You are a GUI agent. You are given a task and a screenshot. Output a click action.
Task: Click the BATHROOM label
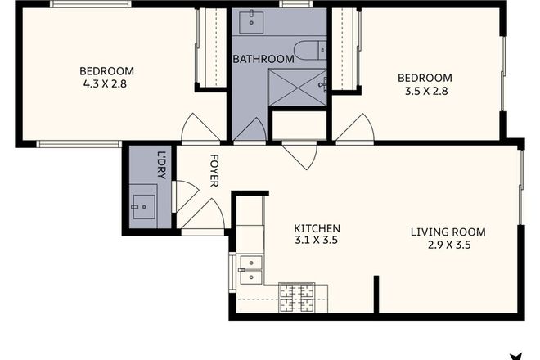(263, 59)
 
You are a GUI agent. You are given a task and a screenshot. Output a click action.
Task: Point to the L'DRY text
(162, 160)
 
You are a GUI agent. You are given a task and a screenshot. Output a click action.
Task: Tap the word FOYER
(214, 171)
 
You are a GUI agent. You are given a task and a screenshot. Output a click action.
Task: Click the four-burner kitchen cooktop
(297, 297)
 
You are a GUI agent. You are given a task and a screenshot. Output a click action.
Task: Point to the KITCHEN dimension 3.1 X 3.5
(317, 241)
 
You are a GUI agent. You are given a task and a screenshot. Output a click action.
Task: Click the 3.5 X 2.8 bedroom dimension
(424, 91)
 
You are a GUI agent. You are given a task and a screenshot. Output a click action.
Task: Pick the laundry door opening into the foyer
(186, 196)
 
